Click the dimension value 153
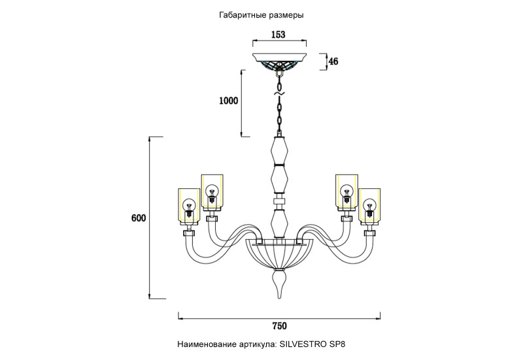tap(279, 35)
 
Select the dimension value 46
tap(333, 61)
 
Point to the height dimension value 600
tap(138, 218)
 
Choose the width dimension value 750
tap(279, 325)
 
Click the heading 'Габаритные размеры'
tap(262, 14)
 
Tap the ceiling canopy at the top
tap(280, 59)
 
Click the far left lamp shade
tap(188, 205)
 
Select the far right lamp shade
tap(370, 205)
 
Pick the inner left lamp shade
tap(212, 191)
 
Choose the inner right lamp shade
tap(346, 191)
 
